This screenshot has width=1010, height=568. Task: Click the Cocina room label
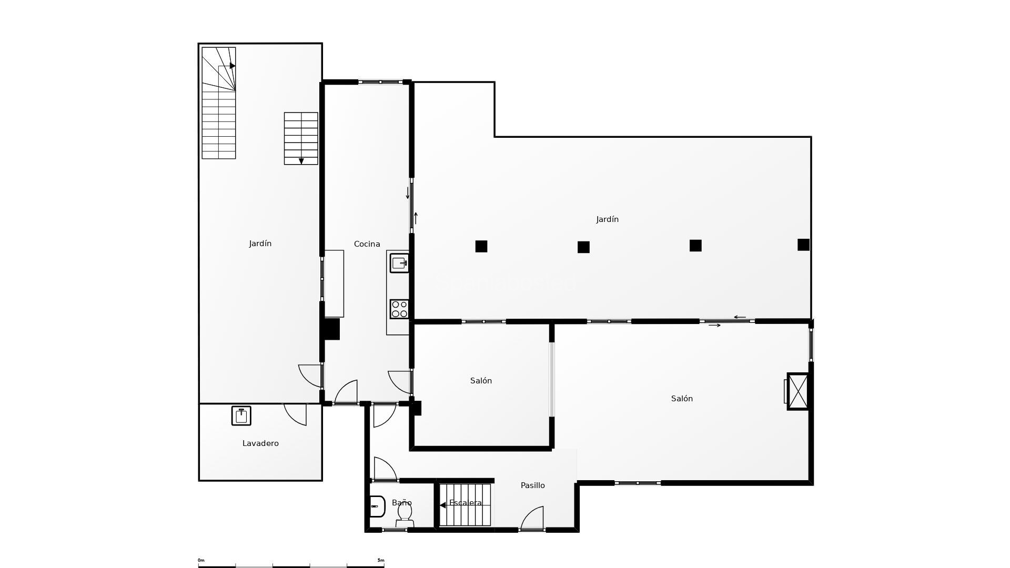tap(367, 244)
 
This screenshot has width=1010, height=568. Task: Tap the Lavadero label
tap(260, 443)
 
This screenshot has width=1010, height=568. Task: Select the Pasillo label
tap(532, 485)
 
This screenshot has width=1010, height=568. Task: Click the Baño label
tap(401, 503)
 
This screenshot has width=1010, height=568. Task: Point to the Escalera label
tap(466, 503)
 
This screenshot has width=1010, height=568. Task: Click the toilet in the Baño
tap(405, 513)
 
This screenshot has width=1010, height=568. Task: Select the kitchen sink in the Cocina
tap(399, 263)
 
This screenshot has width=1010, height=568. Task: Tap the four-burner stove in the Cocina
tap(399, 309)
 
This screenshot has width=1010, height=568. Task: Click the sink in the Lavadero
tap(241, 415)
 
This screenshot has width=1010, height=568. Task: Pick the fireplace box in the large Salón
tap(798, 391)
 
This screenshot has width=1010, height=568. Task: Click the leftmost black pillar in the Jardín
tap(481, 246)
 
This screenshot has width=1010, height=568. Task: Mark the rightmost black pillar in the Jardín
tap(803, 245)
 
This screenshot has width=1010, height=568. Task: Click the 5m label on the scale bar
tap(381, 560)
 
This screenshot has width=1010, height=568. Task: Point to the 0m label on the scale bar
tap(201, 560)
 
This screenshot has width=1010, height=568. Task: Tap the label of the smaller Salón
tap(481, 381)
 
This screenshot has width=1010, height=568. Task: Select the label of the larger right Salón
tap(682, 399)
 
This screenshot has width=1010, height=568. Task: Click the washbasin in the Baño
tap(377, 506)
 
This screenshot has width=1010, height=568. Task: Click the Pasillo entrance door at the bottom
tap(532, 520)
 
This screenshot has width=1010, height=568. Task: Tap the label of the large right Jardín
tap(607, 219)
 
